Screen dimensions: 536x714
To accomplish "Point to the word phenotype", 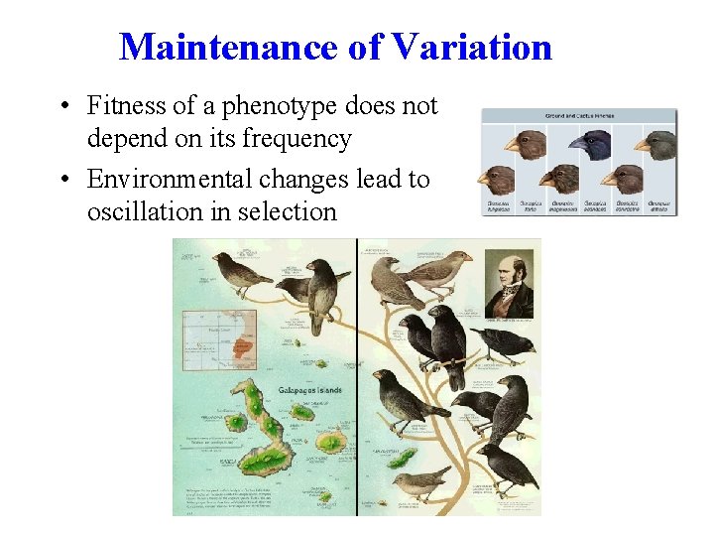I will tap(268, 105).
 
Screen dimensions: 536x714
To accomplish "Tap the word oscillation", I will tap(151, 211).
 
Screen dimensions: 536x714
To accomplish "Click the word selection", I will tap(290, 211).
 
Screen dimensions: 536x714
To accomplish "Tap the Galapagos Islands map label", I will tap(309, 390).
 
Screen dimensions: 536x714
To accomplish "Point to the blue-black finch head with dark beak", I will tap(594, 144).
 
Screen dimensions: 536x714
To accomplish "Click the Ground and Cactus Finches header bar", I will tap(579, 115).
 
